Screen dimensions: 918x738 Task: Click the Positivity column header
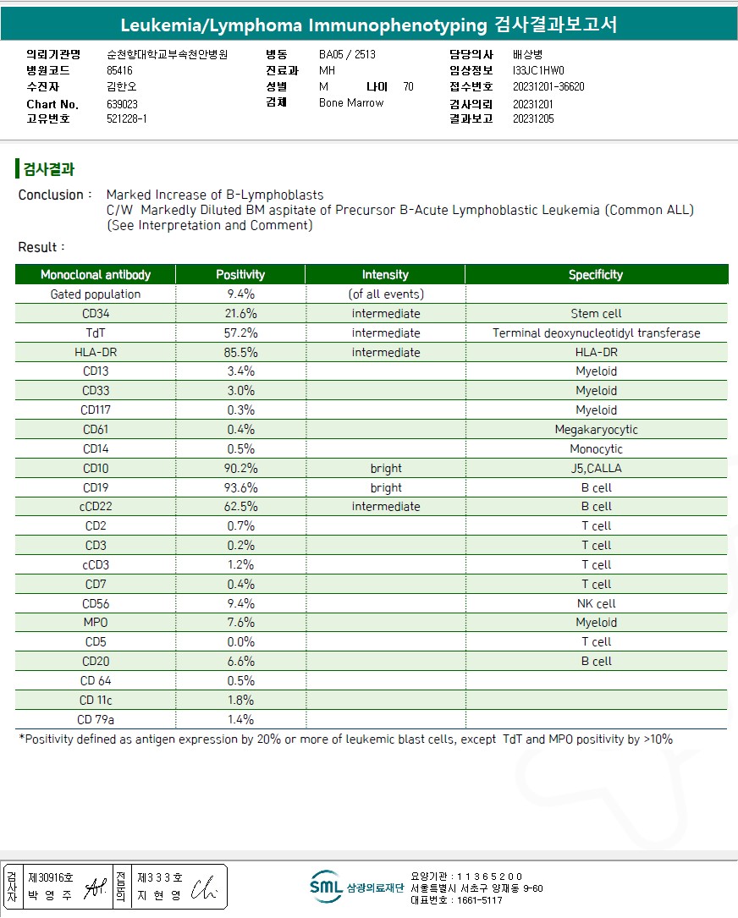click(240, 274)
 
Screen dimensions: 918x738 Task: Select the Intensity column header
click(385, 274)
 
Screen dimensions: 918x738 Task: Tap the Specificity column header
click(596, 274)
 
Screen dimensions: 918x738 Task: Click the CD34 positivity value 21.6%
click(240, 314)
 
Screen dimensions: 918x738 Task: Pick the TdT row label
click(96, 333)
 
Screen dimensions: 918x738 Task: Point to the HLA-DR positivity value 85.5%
click(240, 353)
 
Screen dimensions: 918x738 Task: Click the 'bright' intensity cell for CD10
click(386, 469)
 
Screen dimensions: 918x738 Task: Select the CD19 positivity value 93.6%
click(240, 488)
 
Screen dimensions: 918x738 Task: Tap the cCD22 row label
click(96, 507)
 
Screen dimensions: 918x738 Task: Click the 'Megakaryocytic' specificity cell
click(596, 430)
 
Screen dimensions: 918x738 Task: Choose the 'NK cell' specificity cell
click(596, 604)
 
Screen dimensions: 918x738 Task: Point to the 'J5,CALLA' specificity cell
click(596, 469)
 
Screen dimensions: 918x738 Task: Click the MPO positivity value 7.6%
click(240, 623)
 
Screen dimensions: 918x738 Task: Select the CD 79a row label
click(96, 720)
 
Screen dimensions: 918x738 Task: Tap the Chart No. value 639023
click(123, 104)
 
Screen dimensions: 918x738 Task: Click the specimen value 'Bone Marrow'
click(351, 103)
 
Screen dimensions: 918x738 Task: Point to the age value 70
click(409, 86)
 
